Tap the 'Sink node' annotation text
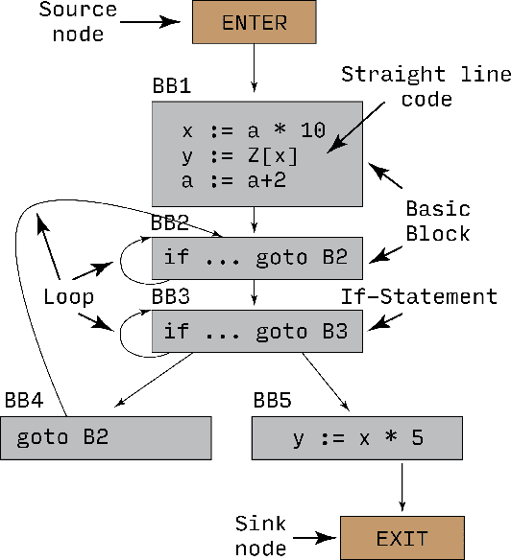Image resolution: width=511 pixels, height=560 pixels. tap(262, 535)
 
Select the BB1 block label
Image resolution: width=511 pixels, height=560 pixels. tap(171, 86)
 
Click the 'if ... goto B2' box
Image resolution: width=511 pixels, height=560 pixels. tap(257, 257)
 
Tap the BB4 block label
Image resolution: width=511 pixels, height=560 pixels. tap(25, 399)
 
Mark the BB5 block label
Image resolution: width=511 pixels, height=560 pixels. tap(273, 399)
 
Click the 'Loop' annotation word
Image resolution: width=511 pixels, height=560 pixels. tap(69, 297)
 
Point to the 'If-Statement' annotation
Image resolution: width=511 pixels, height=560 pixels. tap(420, 296)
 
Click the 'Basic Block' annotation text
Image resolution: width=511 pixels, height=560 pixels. tap(437, 221)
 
